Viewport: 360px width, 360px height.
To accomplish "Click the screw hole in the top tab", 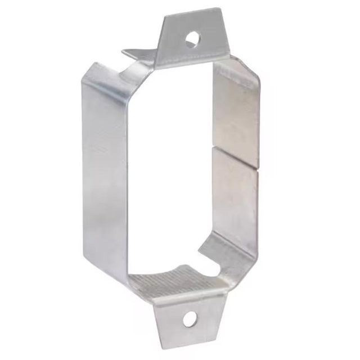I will (192, 39).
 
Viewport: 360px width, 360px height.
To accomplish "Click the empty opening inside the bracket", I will (169, 169).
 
